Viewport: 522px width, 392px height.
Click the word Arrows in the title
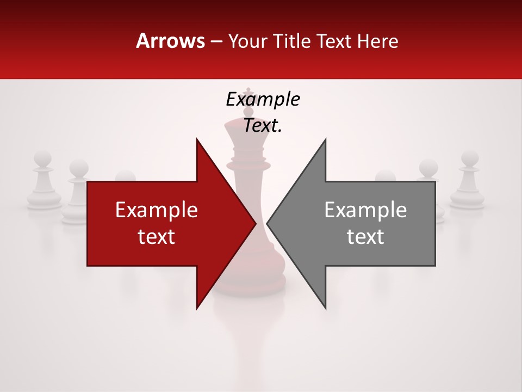click(170, 41)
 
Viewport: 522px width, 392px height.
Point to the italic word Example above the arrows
click(263, 99)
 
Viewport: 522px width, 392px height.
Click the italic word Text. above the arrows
click(263, 125)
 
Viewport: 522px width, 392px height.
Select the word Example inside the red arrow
click(157, 210)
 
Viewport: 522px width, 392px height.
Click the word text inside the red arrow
click(157, 237)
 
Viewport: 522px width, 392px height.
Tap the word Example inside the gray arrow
click(365, 210)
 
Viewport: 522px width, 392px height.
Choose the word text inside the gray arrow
click(365, 237)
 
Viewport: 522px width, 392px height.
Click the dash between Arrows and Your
click(216, 41)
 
